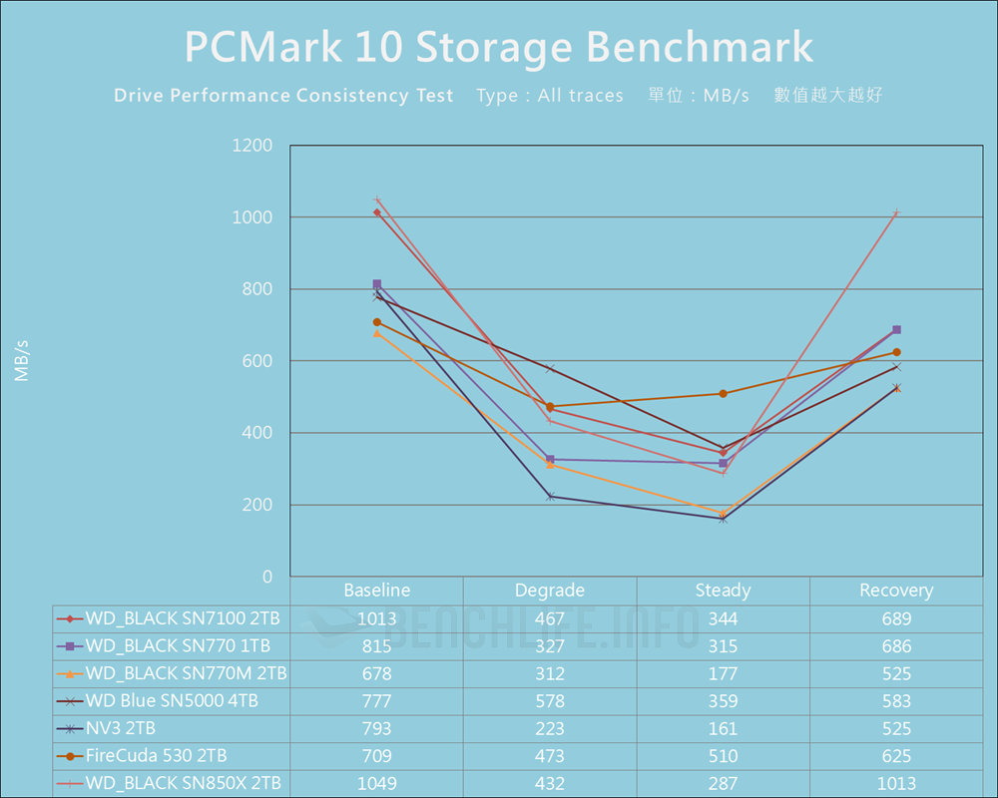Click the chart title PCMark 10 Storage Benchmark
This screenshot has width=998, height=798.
point(498,48)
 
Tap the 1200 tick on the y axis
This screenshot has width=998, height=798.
point(251,146)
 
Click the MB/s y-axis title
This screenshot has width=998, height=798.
point(21,361)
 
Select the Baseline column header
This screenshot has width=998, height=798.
point(376,591)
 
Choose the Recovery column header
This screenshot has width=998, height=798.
point(896,591)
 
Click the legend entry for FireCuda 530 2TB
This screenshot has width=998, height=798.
point(164,756)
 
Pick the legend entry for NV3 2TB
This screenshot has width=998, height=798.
point(120,728)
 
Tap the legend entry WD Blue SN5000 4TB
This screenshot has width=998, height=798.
point(172,701)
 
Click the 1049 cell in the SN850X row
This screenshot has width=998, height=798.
point(376,784)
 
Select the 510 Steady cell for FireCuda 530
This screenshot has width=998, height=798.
point(723,756)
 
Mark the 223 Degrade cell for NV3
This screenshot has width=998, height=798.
point(550,728)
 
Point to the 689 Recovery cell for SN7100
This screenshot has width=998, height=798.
point(896,618)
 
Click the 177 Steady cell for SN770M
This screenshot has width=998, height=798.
point(723,673)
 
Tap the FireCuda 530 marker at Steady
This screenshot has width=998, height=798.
point(723,393)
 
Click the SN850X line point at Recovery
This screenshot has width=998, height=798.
point(896,212)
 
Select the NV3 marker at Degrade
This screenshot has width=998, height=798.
point(550,496)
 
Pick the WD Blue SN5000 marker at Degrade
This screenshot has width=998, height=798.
point(550,369)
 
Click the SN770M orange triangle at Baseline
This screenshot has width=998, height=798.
point(376,333)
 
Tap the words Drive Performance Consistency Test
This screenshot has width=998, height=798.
point(283,96)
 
